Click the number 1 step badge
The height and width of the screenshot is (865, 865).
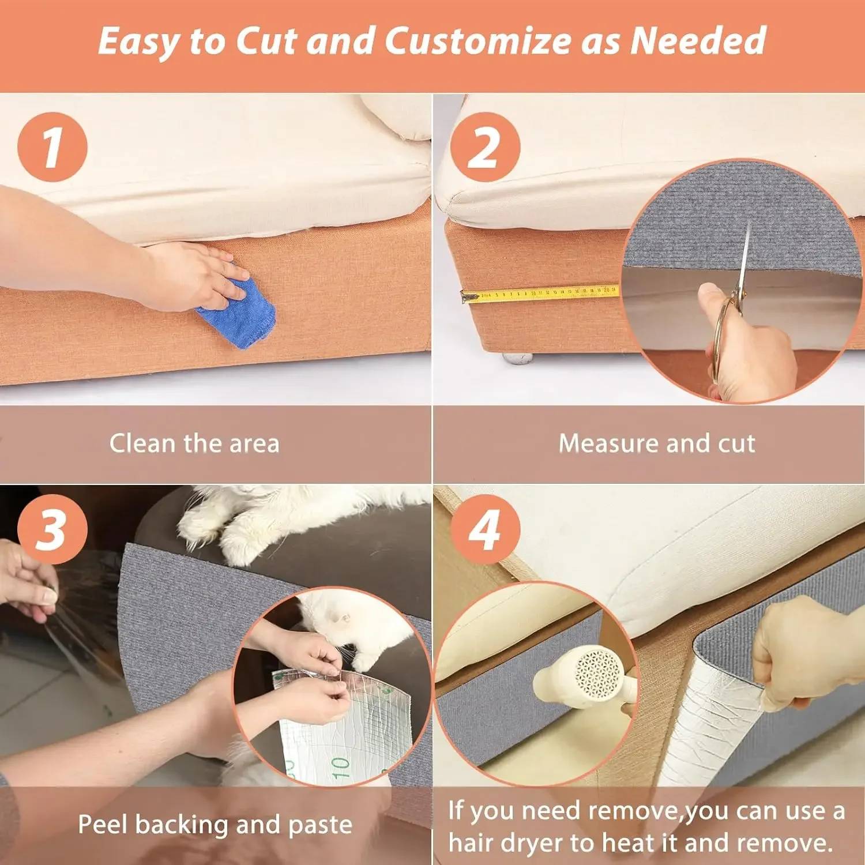[52, 147]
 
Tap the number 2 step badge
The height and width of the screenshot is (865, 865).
[485, 147]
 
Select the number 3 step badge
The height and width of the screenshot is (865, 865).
[52, 529]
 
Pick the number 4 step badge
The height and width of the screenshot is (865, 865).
[485, 529]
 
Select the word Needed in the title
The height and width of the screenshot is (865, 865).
[698, 42]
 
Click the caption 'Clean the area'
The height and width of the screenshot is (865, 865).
[194, 443]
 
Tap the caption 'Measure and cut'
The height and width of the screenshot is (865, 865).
[657, 443]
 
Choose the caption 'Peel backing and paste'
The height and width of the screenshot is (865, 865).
[215, 825]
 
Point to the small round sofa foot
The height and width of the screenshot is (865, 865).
[517, 358]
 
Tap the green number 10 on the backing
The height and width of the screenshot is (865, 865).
[340, 768]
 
